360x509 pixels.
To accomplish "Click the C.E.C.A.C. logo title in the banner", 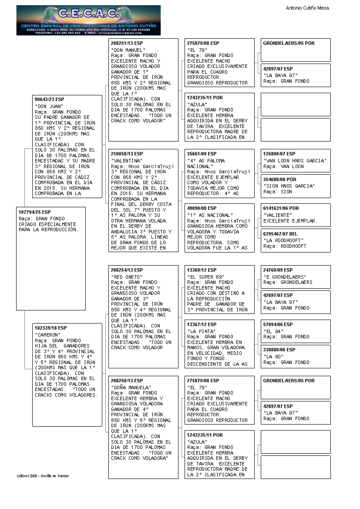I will tap(88, 14).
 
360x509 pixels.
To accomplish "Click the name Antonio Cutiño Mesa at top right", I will tap(307, 8).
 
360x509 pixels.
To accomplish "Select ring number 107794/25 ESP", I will tap(35, 212).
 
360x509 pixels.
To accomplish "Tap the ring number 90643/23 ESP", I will tap(49, 99).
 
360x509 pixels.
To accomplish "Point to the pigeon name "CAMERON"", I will tap(48, 334).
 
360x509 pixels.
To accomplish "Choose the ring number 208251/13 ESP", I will tap(127, 44).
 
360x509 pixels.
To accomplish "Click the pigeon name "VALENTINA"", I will tap(127, 161).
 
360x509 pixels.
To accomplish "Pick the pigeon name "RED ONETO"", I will tap(127, 277).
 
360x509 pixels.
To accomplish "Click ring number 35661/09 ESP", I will tap(202, 154).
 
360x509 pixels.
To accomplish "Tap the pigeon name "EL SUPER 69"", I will tap(205, 277).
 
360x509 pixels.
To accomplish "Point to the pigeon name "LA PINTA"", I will tap(200, 331).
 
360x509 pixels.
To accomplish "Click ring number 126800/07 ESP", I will tap(279, 154).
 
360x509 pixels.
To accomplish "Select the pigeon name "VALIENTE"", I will tap(277, 215).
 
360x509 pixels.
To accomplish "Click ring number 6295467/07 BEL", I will tap(280, 234).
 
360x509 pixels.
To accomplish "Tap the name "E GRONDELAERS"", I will tap(285, 277).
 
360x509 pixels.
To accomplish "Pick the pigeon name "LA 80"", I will tap(274, 357).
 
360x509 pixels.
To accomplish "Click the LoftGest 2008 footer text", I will tap(43, 476).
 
